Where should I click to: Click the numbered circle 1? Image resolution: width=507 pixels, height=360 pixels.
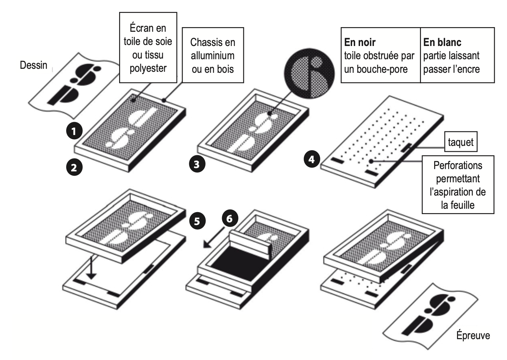(74, 131)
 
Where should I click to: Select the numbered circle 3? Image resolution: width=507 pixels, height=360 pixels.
(197, 164)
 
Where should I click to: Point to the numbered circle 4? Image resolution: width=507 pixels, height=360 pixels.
(311, 160)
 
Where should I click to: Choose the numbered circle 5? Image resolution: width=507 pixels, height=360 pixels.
(197, 221)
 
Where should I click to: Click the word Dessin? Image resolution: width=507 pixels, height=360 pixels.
(33, 65)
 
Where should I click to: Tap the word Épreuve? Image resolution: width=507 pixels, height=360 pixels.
(473, 336)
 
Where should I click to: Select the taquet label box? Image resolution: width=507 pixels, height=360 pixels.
(461, 143)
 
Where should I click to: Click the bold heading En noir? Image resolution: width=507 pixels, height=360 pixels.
(360, 42)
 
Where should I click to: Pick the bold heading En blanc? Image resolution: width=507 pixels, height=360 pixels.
(442, 42)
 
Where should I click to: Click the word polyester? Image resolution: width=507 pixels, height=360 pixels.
(148, 68)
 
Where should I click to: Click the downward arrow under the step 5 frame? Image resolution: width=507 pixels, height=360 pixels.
(91, 268)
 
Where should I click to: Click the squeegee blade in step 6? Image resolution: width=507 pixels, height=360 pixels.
(251, 243)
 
